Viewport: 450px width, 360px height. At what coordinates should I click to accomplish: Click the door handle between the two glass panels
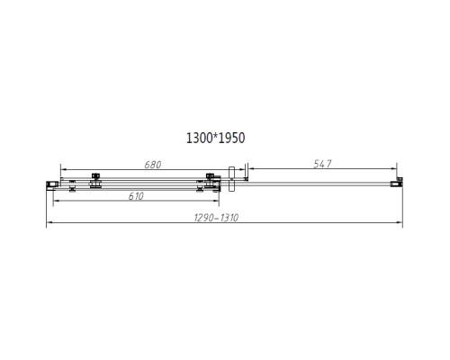pos(232,177)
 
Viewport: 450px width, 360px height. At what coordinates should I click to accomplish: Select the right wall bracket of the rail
pos(394,184)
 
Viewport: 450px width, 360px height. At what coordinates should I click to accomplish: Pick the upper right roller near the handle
pos(210,176)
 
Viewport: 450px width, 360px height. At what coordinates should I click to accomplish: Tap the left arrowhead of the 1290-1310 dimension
pos(47,224)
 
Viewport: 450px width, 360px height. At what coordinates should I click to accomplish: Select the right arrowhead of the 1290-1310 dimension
pos(398,224)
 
